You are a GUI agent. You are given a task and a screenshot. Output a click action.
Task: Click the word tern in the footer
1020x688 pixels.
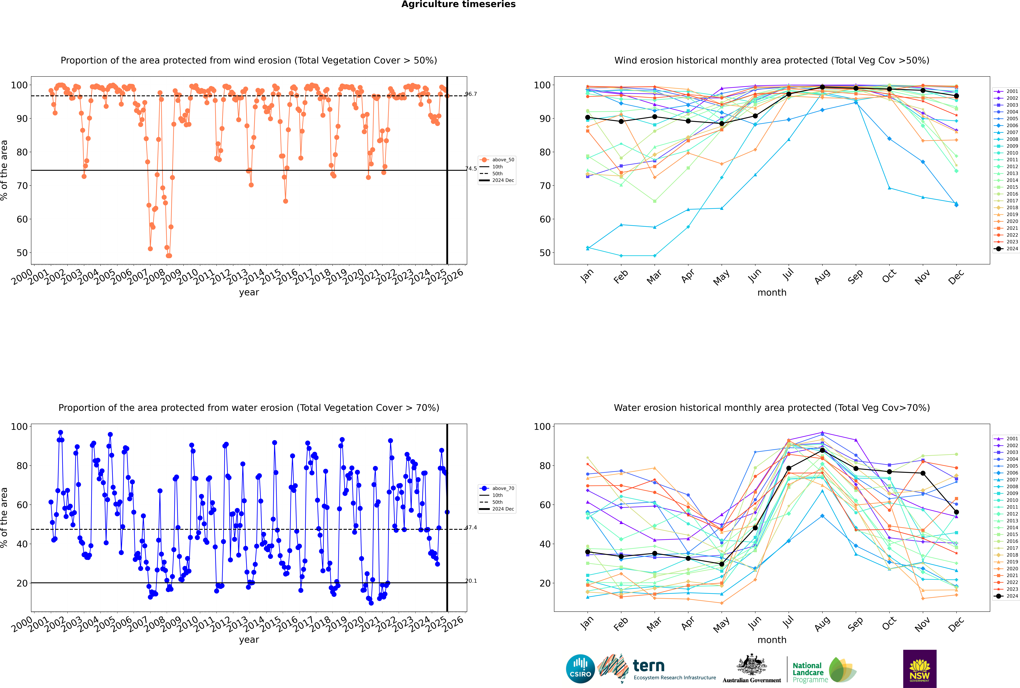coord(649,666)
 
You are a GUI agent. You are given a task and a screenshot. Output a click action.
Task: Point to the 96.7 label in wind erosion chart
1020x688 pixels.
coord(471,94)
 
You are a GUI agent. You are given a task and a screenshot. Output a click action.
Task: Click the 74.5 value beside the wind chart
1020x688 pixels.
coord(471,168)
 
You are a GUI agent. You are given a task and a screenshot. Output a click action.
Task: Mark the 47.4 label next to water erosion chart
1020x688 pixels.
coord(471,527)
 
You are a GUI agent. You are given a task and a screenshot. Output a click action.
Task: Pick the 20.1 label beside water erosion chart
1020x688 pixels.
coord(471,581)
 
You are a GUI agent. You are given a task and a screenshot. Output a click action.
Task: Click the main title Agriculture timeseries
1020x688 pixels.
coord(458,4)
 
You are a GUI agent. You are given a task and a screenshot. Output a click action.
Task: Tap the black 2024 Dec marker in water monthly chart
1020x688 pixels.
coord(956,512)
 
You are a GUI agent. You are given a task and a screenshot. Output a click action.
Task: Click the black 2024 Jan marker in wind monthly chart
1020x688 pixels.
coord(588,118)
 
